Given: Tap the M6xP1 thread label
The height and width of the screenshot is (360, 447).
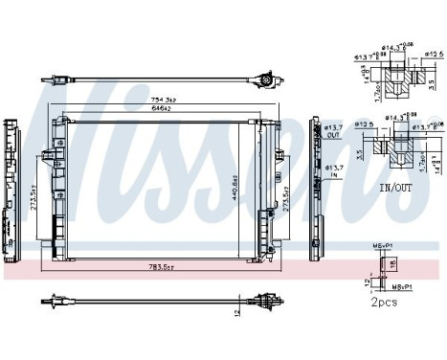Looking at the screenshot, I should [385, 245].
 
